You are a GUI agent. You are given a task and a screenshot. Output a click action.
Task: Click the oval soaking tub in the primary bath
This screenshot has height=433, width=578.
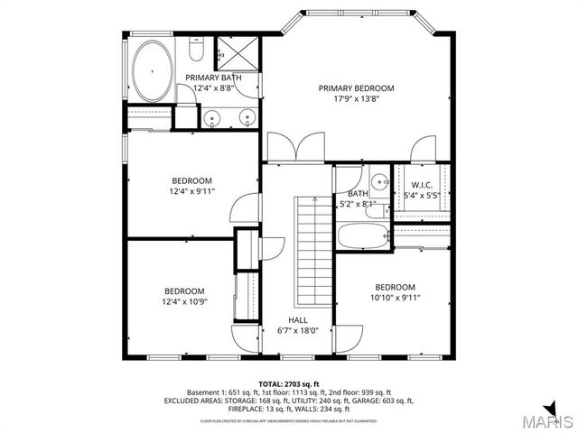click(153, 69)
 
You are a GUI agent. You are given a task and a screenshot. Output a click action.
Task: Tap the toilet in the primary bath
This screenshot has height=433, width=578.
click(198, 48)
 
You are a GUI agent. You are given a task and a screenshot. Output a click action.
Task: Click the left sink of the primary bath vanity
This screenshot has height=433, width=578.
click(212, 115)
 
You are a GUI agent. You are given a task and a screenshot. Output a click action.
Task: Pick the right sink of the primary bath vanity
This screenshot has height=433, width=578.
click(246, 115)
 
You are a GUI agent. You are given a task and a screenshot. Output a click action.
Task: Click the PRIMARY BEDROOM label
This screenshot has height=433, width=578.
click(357, 88)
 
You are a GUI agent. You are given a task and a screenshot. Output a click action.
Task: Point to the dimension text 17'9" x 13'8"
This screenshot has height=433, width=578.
click(357, 99)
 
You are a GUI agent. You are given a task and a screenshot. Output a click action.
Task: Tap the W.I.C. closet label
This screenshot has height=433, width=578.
click(423, 186)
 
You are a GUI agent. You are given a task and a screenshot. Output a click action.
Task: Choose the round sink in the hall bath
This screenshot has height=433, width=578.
click(380, 180)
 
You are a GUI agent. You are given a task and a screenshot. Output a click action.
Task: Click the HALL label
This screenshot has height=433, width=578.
click(298, 320)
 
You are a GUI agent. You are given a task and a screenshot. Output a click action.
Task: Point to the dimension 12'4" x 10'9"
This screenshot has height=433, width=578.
click(183, 301)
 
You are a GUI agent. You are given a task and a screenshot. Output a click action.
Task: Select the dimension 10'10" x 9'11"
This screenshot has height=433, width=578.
click(396, 298)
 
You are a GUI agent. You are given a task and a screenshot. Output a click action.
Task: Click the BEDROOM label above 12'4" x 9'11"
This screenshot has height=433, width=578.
click(191, 180)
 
